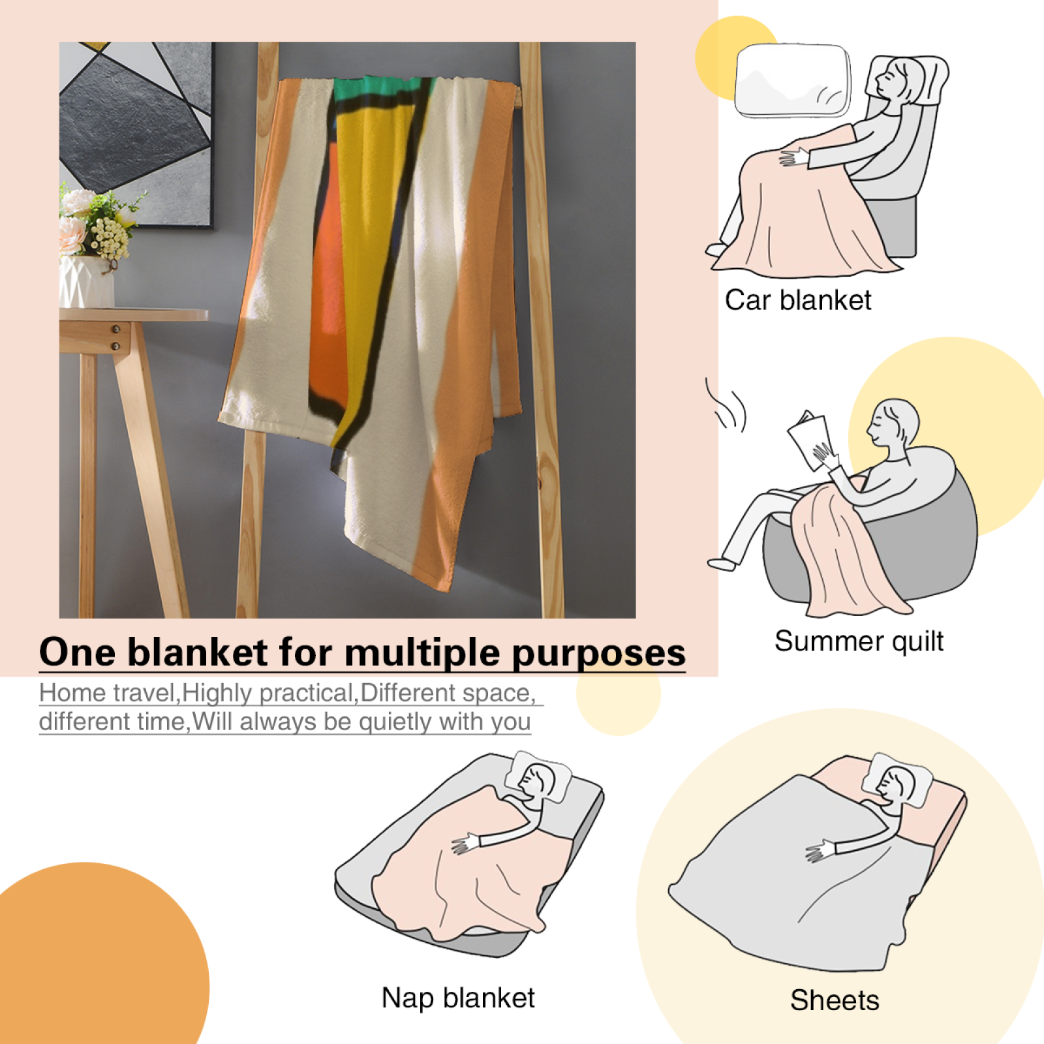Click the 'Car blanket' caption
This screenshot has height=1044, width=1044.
pos(797,301)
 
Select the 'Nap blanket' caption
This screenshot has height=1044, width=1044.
pos(458,998)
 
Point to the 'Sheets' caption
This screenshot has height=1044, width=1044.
pos(835,1000)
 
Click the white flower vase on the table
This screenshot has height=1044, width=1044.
pos(86,281)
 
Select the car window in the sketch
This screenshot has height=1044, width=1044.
pos(793,81)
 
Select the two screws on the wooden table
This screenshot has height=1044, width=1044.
pos(116,337)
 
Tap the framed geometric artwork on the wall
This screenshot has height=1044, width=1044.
pos(136,134)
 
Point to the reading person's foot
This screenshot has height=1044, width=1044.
pos(722,563)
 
